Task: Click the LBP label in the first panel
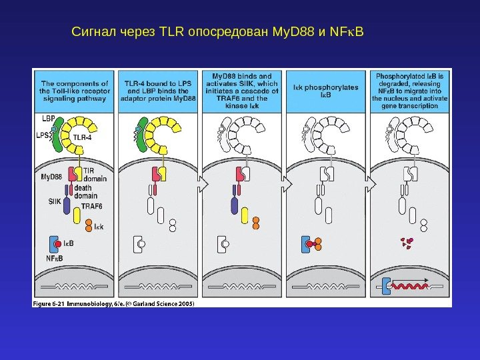pos(47,117)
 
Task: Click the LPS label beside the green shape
pos(42,133)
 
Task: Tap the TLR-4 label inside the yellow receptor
pos(82,138)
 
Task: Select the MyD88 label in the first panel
pos(51,177)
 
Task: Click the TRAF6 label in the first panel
pos(91,207)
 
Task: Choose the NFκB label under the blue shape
pos(54,257)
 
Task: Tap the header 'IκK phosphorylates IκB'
pos(326,91)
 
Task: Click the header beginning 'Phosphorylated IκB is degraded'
pos(410,91)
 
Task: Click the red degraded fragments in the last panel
pos(405,243)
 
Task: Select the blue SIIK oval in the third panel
pos(235,205)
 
